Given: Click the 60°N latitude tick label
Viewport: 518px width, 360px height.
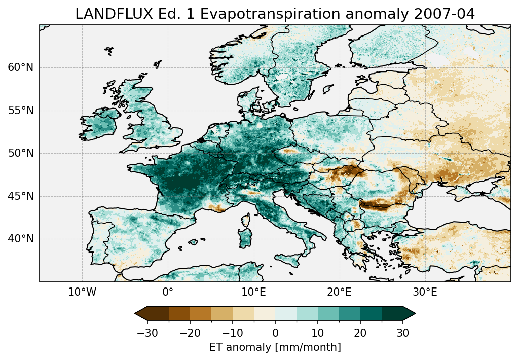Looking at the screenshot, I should click(21, 67).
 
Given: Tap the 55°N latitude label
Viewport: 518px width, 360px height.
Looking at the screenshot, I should click(21, 111).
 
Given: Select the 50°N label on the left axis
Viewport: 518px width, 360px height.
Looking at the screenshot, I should click(21, 153).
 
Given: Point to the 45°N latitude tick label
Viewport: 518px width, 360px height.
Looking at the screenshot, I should click(21, 196).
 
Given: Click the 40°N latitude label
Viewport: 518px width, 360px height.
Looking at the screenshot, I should click(21, 239).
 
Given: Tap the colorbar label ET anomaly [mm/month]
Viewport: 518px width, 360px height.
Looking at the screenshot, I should click(275, 347).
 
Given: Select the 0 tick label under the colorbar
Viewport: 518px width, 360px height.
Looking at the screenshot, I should click(275, 333).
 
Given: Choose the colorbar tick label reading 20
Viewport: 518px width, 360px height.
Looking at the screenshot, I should click(360, 333).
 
